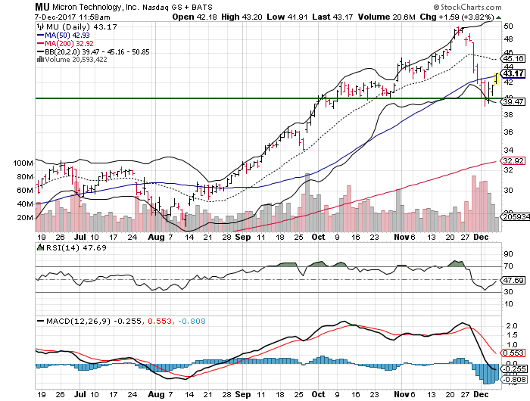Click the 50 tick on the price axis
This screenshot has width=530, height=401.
509,26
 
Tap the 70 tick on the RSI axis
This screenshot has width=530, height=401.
509,267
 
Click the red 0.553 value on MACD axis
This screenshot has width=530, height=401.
513,353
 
